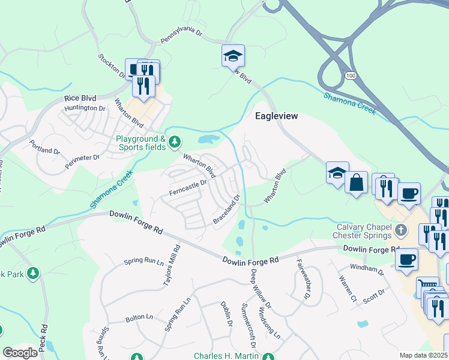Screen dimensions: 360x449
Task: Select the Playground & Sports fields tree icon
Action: (174, 142)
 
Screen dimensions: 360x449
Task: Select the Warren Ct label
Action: (347, 289)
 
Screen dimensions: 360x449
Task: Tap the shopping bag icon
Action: (356, 182)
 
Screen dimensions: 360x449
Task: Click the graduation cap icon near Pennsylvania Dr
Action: (233, 56)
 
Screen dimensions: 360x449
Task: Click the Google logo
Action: (20, 353)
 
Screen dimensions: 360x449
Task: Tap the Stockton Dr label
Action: (111, 65)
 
